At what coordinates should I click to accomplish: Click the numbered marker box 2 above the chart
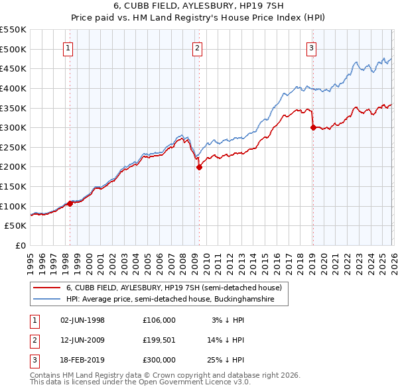click(198, 47)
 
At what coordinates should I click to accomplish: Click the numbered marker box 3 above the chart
click(311, 47)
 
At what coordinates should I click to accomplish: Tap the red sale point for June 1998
click(70, 203)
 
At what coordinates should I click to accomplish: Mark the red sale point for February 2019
click(312, 128)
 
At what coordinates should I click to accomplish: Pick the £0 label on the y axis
click(20, 245)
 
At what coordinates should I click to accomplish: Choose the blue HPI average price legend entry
click(177, 300)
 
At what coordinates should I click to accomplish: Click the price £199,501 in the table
click(159, 339)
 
